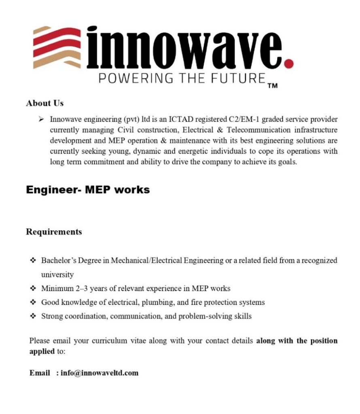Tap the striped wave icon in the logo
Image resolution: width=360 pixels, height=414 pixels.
[x=57, y=47]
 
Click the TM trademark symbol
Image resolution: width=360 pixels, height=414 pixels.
[x=272, y=86]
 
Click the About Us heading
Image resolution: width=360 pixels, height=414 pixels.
[x=44, y=103]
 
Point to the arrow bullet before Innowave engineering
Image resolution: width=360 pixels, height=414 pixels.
[x=41, y=120]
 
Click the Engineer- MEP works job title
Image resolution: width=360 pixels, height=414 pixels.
[x=88, y=190]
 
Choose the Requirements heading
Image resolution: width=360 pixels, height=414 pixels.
[x=54, y=232]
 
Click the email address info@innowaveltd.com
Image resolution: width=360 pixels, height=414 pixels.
[x=100, y=373]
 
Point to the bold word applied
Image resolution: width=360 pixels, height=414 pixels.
[x=42, y=351]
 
